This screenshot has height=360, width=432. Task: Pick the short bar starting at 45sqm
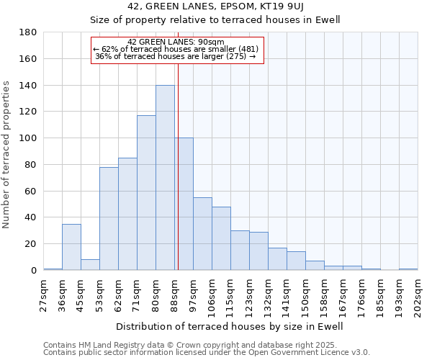(x=90, y=264)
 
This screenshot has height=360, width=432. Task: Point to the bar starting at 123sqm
(x=258, y=251)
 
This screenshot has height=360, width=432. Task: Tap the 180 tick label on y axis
(x=28, y=32)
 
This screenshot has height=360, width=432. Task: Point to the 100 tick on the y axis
(x=28, y=138)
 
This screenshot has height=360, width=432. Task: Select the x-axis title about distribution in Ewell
(x=230, y=326)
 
